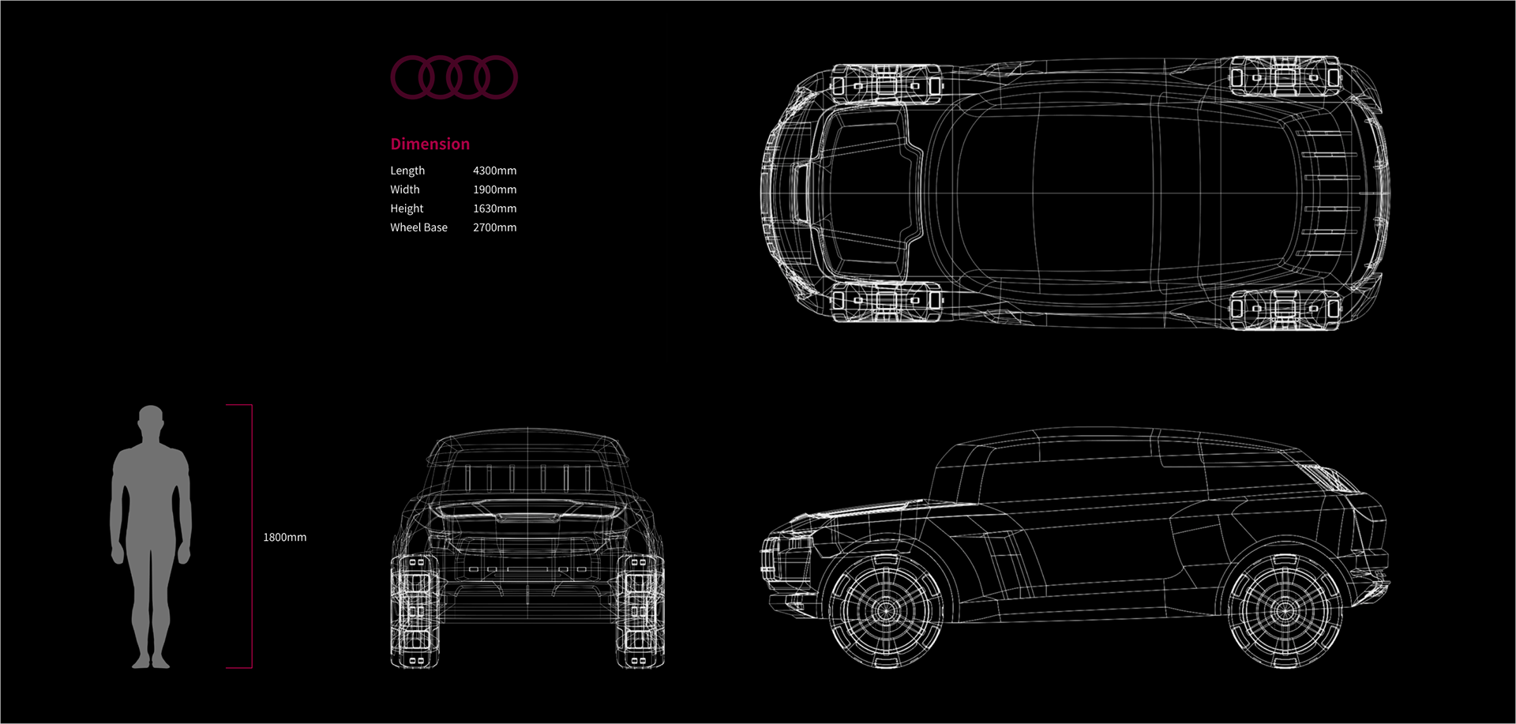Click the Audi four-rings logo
[x=454, y=77]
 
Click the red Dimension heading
[x=430, y=144]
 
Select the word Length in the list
[x=407, y=171]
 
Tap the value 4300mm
[x=494, y=171]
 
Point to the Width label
[x=404, y=189]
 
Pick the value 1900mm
[x=494, y=189]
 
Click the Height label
[x=407, y=208]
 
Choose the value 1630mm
[x=494, y=208]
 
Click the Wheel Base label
[x=418, y=227]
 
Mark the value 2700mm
[x=494, y=227]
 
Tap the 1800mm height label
[x=284, y=538]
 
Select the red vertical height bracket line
[x=251, y=537]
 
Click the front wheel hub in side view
[x=886, y=610]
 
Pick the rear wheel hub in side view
[x=1285, y=610]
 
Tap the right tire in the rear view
[x=640, y=611]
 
